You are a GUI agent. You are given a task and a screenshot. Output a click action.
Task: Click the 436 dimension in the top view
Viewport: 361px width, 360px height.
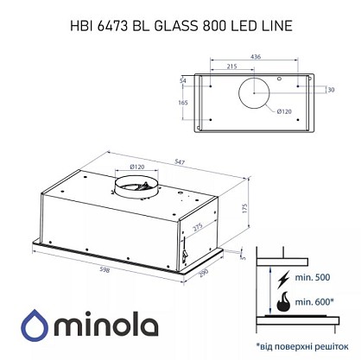(x=256, y=57)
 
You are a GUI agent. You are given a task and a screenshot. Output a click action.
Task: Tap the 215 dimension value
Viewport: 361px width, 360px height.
(x=231, y=66)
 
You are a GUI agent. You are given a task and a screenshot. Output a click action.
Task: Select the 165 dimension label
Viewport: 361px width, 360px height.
(x=183, y=103)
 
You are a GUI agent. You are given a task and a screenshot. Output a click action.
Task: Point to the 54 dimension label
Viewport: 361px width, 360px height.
(x=183, y=80)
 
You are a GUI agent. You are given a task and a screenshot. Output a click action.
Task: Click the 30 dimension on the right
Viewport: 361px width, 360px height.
(x=331, y=90)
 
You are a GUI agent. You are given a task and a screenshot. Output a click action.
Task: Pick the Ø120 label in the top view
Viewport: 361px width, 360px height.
(x=284, y=111)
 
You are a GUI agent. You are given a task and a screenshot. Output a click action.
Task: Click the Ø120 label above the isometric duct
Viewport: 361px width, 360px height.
(x=137, y=167)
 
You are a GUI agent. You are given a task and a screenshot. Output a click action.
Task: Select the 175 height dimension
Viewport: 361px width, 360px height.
(x=245, y=208)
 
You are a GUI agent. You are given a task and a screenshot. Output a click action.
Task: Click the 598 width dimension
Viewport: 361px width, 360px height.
(x=104, y=269)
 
